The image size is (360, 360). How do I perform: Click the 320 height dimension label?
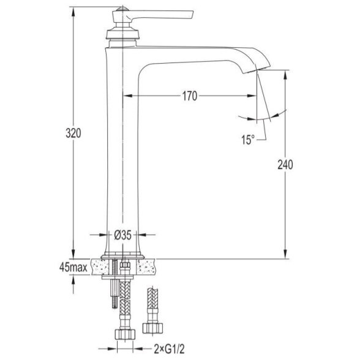coord(73,133)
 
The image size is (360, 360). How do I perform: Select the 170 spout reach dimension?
coord(190,96)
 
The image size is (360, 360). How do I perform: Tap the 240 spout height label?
coord(285,165)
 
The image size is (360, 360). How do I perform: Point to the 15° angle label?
coord(248,140)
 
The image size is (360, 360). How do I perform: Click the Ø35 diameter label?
coord(123,235)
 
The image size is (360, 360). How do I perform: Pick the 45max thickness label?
coord(73,267)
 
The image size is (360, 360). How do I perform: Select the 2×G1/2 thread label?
coord(169,350)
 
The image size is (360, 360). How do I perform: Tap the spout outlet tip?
coord(257,69)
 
